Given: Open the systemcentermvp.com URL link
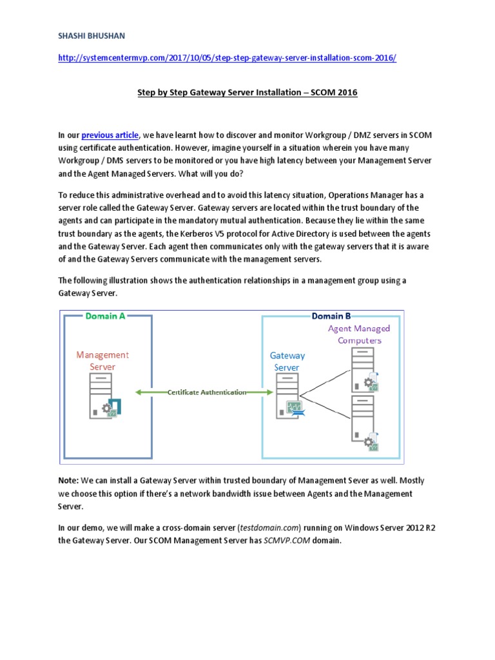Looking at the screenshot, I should tap(228, 58).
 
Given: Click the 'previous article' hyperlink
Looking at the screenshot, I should tap(110, 135).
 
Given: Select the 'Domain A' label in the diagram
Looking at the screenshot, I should tap(105, 316).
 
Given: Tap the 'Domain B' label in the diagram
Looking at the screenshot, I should tap(331, 316).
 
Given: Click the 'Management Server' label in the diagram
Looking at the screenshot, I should tap(102, 361).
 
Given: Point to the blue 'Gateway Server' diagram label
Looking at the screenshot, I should tap(287, 362).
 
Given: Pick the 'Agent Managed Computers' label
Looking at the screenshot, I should tap(359, 335).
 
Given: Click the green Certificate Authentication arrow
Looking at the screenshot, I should tap(206, 392).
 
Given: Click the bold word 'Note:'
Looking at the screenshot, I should tap(68, 481).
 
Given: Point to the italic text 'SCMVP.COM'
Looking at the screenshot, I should tap(287, 540).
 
